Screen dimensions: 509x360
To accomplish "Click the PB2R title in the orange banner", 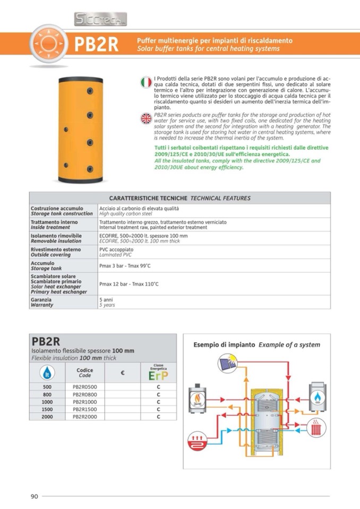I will [x=96, y=45].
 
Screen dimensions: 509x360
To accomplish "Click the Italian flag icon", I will [x=146, y=82].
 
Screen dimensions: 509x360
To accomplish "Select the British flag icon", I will [x=146, y=118].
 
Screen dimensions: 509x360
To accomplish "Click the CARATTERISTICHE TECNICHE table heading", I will [x=179, y=198].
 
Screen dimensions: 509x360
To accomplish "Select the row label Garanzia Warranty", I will [x=42, y=303].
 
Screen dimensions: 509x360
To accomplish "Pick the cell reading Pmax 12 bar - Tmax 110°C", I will [x=129, y=284].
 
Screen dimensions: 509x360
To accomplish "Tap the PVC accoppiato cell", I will [x=116, y=249].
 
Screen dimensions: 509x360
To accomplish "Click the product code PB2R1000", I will [x=85, y=402].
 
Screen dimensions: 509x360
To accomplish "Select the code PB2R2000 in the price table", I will [x=85, y=417].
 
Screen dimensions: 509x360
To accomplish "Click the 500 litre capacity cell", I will [x=47, y=387].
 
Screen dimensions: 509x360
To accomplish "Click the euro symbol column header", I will [x=123, y=373].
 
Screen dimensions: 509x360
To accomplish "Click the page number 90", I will [x=33, y=496].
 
